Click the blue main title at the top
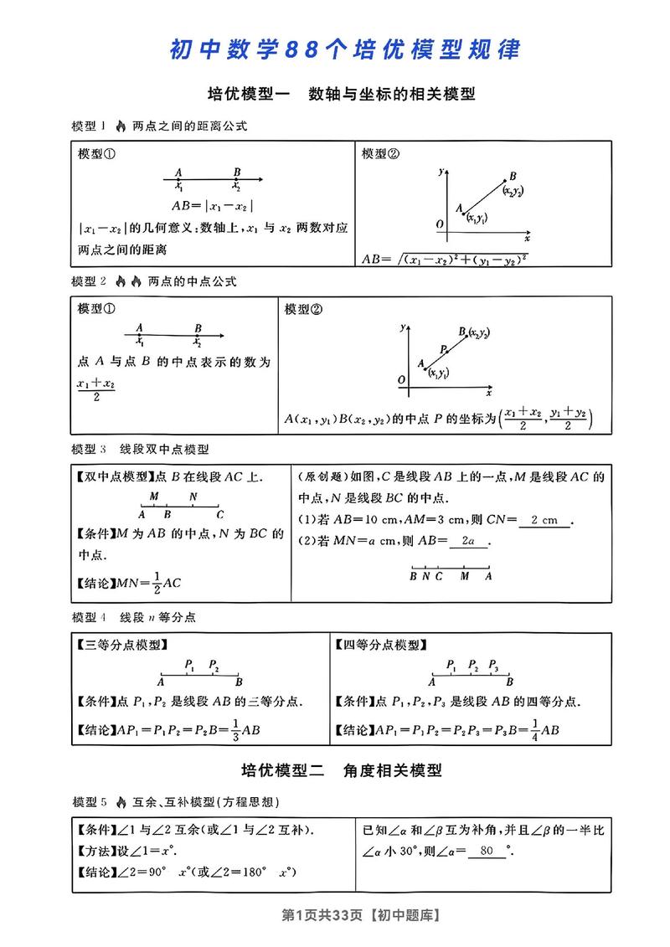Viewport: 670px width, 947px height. [x=344, y=49]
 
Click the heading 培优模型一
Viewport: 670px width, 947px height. [x=247, y=95]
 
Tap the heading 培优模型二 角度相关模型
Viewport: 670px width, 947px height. [x=341, y=770]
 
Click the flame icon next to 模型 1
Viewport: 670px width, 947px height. [x=120, y=126]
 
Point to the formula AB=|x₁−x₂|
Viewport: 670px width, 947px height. [x=212, y=206]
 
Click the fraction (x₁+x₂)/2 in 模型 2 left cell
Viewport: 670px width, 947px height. [x=95, y=389]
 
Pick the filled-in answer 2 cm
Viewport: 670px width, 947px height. [x=544, y=520]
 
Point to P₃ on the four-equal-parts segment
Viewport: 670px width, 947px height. [x=493, y=667]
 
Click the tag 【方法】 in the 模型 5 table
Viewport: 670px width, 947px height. [x=95, y=852]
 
